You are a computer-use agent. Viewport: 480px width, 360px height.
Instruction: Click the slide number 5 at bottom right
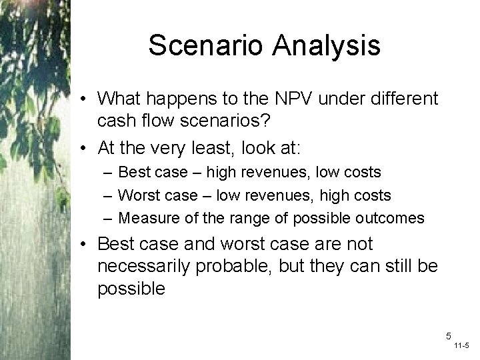(x=448, y=336)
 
